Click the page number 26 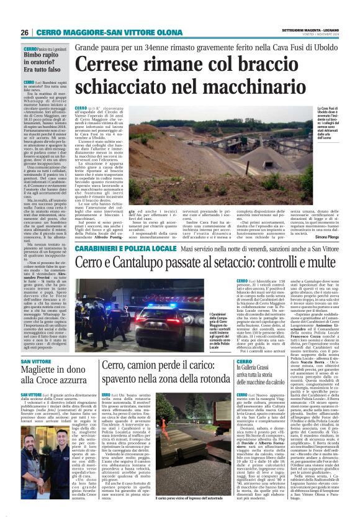pos(24,32)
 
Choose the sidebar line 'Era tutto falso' pos(47,71)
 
